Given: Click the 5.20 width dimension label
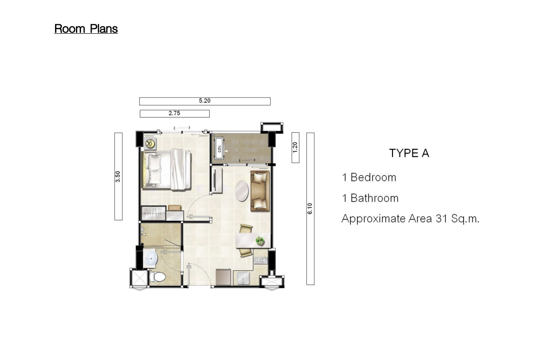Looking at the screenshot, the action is click(205, 101).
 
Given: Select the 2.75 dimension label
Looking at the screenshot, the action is click(175, 113).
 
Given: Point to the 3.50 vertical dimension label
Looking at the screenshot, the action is click(118, 176).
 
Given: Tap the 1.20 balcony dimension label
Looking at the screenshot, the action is click(295, 147).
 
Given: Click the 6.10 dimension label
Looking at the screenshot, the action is click(310, 209).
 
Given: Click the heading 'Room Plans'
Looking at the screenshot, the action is click(86, 29).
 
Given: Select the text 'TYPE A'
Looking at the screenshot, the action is click(409, 153).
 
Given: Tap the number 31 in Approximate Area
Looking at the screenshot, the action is click(441, 218).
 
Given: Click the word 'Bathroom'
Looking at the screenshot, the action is click(374, 199).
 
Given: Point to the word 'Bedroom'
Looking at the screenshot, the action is click(373, 177).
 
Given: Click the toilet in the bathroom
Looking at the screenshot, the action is click(157, 276).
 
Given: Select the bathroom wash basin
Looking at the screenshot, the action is click(150, 258).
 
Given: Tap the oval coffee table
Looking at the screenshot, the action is click(242, 191).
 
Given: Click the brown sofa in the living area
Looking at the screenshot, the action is click(260, 191).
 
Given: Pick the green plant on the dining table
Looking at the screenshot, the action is click(260, 241).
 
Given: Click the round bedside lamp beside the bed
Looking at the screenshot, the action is click(150, 143).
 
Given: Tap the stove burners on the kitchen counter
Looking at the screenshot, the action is click(261, 260).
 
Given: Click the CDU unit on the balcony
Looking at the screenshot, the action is click(219, 148).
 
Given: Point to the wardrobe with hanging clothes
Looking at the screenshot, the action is click(154, 213).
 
